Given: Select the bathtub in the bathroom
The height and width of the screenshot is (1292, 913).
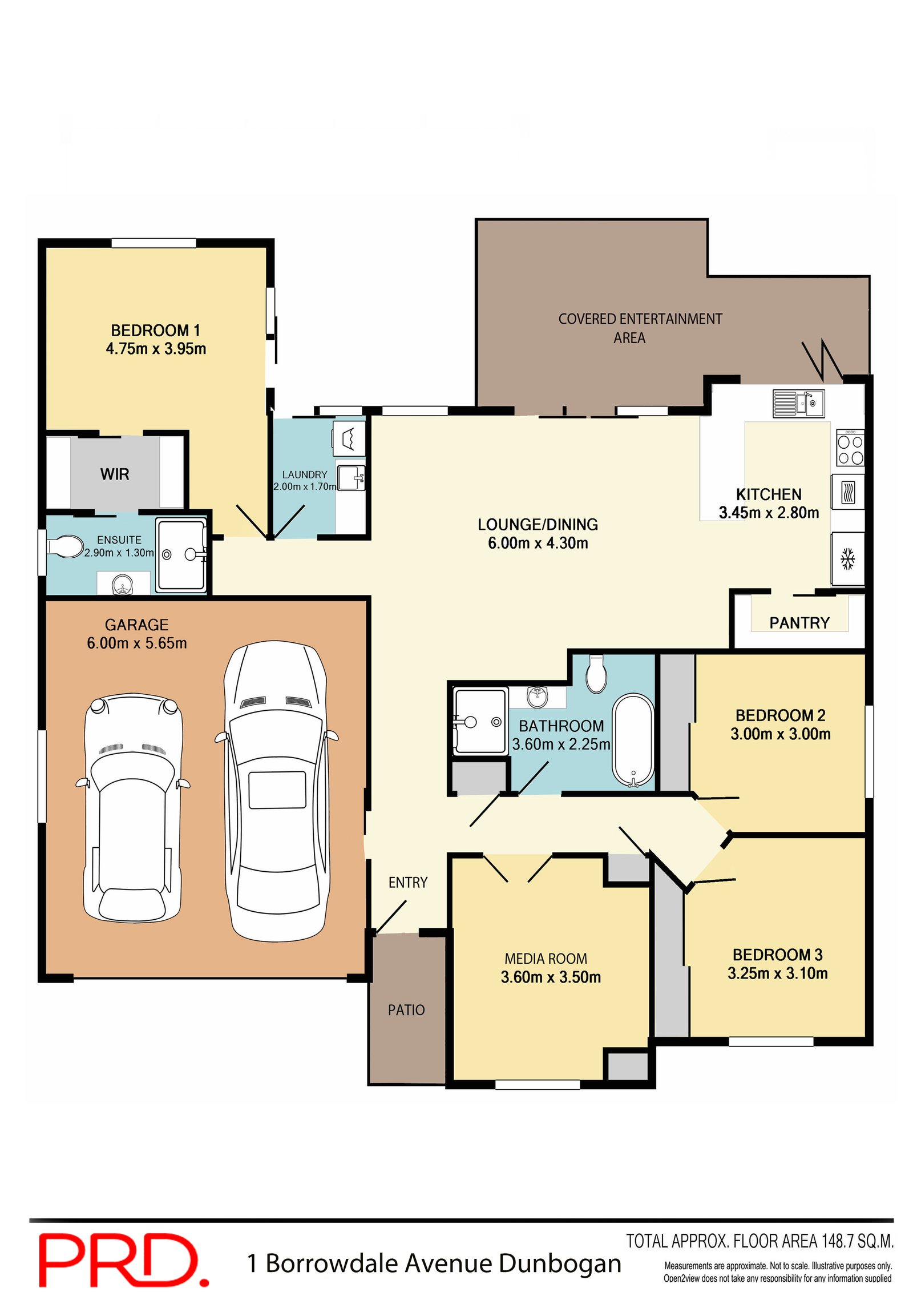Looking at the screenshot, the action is tap(633, 741).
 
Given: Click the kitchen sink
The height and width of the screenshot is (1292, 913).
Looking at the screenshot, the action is tap(798, 403).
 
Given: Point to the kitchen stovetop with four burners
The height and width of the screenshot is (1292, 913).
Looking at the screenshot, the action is tap(850, 449).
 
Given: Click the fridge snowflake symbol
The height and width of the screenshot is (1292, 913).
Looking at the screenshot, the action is tap(848, 559).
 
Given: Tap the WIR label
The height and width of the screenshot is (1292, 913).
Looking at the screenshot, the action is tap(115, 474).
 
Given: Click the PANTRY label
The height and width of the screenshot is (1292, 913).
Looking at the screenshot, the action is tap(799, 623).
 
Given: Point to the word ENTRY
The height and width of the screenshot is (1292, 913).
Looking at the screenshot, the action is tap(407, 883).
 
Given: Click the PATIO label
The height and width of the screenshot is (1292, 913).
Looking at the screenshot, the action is tap(406, 1011).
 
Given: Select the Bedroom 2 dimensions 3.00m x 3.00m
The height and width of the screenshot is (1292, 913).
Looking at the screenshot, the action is tap(780, 734).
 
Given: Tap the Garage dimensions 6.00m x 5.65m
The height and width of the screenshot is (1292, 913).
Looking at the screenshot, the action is tap(137, 643).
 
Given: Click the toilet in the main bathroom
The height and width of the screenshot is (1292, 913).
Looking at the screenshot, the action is tap(596, 674).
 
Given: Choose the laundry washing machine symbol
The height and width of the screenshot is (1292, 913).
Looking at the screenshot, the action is tap(349, 438).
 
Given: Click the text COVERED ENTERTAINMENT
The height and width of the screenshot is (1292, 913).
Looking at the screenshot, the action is tap(640, 319).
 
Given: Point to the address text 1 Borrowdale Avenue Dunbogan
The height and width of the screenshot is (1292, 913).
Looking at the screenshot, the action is tap(434, 1263).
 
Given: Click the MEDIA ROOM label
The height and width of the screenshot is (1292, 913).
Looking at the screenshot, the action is tap(546, 959).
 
